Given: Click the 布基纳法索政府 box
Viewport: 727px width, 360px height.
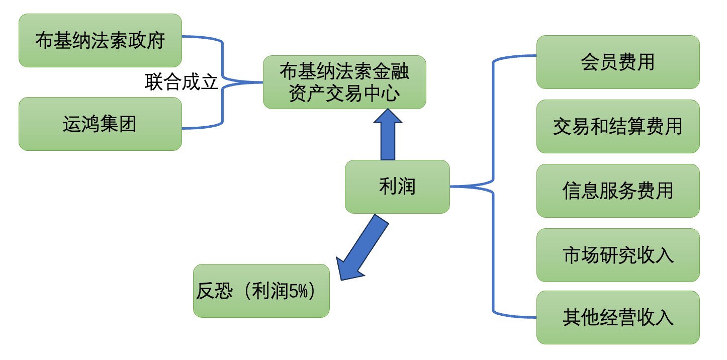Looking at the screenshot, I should click(x=100, y=40).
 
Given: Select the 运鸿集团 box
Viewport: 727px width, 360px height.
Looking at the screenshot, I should click(x=100, y=124).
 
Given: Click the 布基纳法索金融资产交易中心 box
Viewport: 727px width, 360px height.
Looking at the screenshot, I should click(x=344, y=82).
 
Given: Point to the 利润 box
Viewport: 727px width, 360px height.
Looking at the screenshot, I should click(x=397, y=187).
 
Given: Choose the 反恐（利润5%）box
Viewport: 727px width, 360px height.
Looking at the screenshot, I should click(x=261, y=291).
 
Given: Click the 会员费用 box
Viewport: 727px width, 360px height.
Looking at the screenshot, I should click(x=618, y=62).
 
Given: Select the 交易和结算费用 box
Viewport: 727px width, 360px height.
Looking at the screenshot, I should click(x=618, y=126).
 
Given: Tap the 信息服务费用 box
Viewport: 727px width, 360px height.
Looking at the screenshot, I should click(x=618, y=191).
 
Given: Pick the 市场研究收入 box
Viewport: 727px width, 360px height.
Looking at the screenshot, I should click(x=618, y=255).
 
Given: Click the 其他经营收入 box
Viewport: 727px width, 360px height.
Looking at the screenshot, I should click(x=618, y=317).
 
